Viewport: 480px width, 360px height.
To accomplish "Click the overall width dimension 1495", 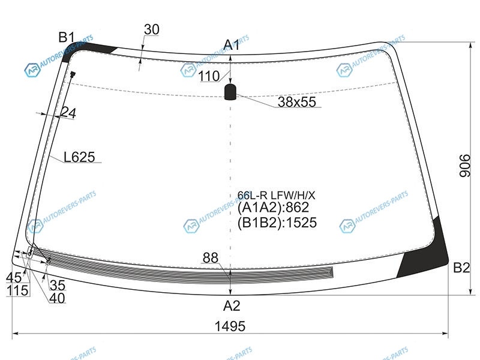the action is pyautogui.click(x=230, y=326).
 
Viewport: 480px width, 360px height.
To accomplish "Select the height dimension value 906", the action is pyautogui.click(x=464, y=166).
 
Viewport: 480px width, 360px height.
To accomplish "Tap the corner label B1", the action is pyautogui.click(x=67, y=37).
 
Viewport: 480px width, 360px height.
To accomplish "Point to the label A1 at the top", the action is pyautogui.click(x=232, y=45).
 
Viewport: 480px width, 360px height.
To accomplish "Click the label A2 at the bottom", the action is pyautogui.click(x=232, y=305).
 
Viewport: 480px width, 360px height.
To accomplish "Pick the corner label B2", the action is pyautogui.click(x=461, y=268).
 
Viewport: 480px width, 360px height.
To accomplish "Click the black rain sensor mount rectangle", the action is pyautogui.click(x=230, y=92).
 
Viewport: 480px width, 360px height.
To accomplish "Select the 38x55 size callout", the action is pyautogui.click(x=296, y=102).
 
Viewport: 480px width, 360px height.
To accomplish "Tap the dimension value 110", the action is pyautogui.click(x=209, y=76).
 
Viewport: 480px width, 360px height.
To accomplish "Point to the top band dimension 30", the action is pyautogui.click(x=152, y=29).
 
